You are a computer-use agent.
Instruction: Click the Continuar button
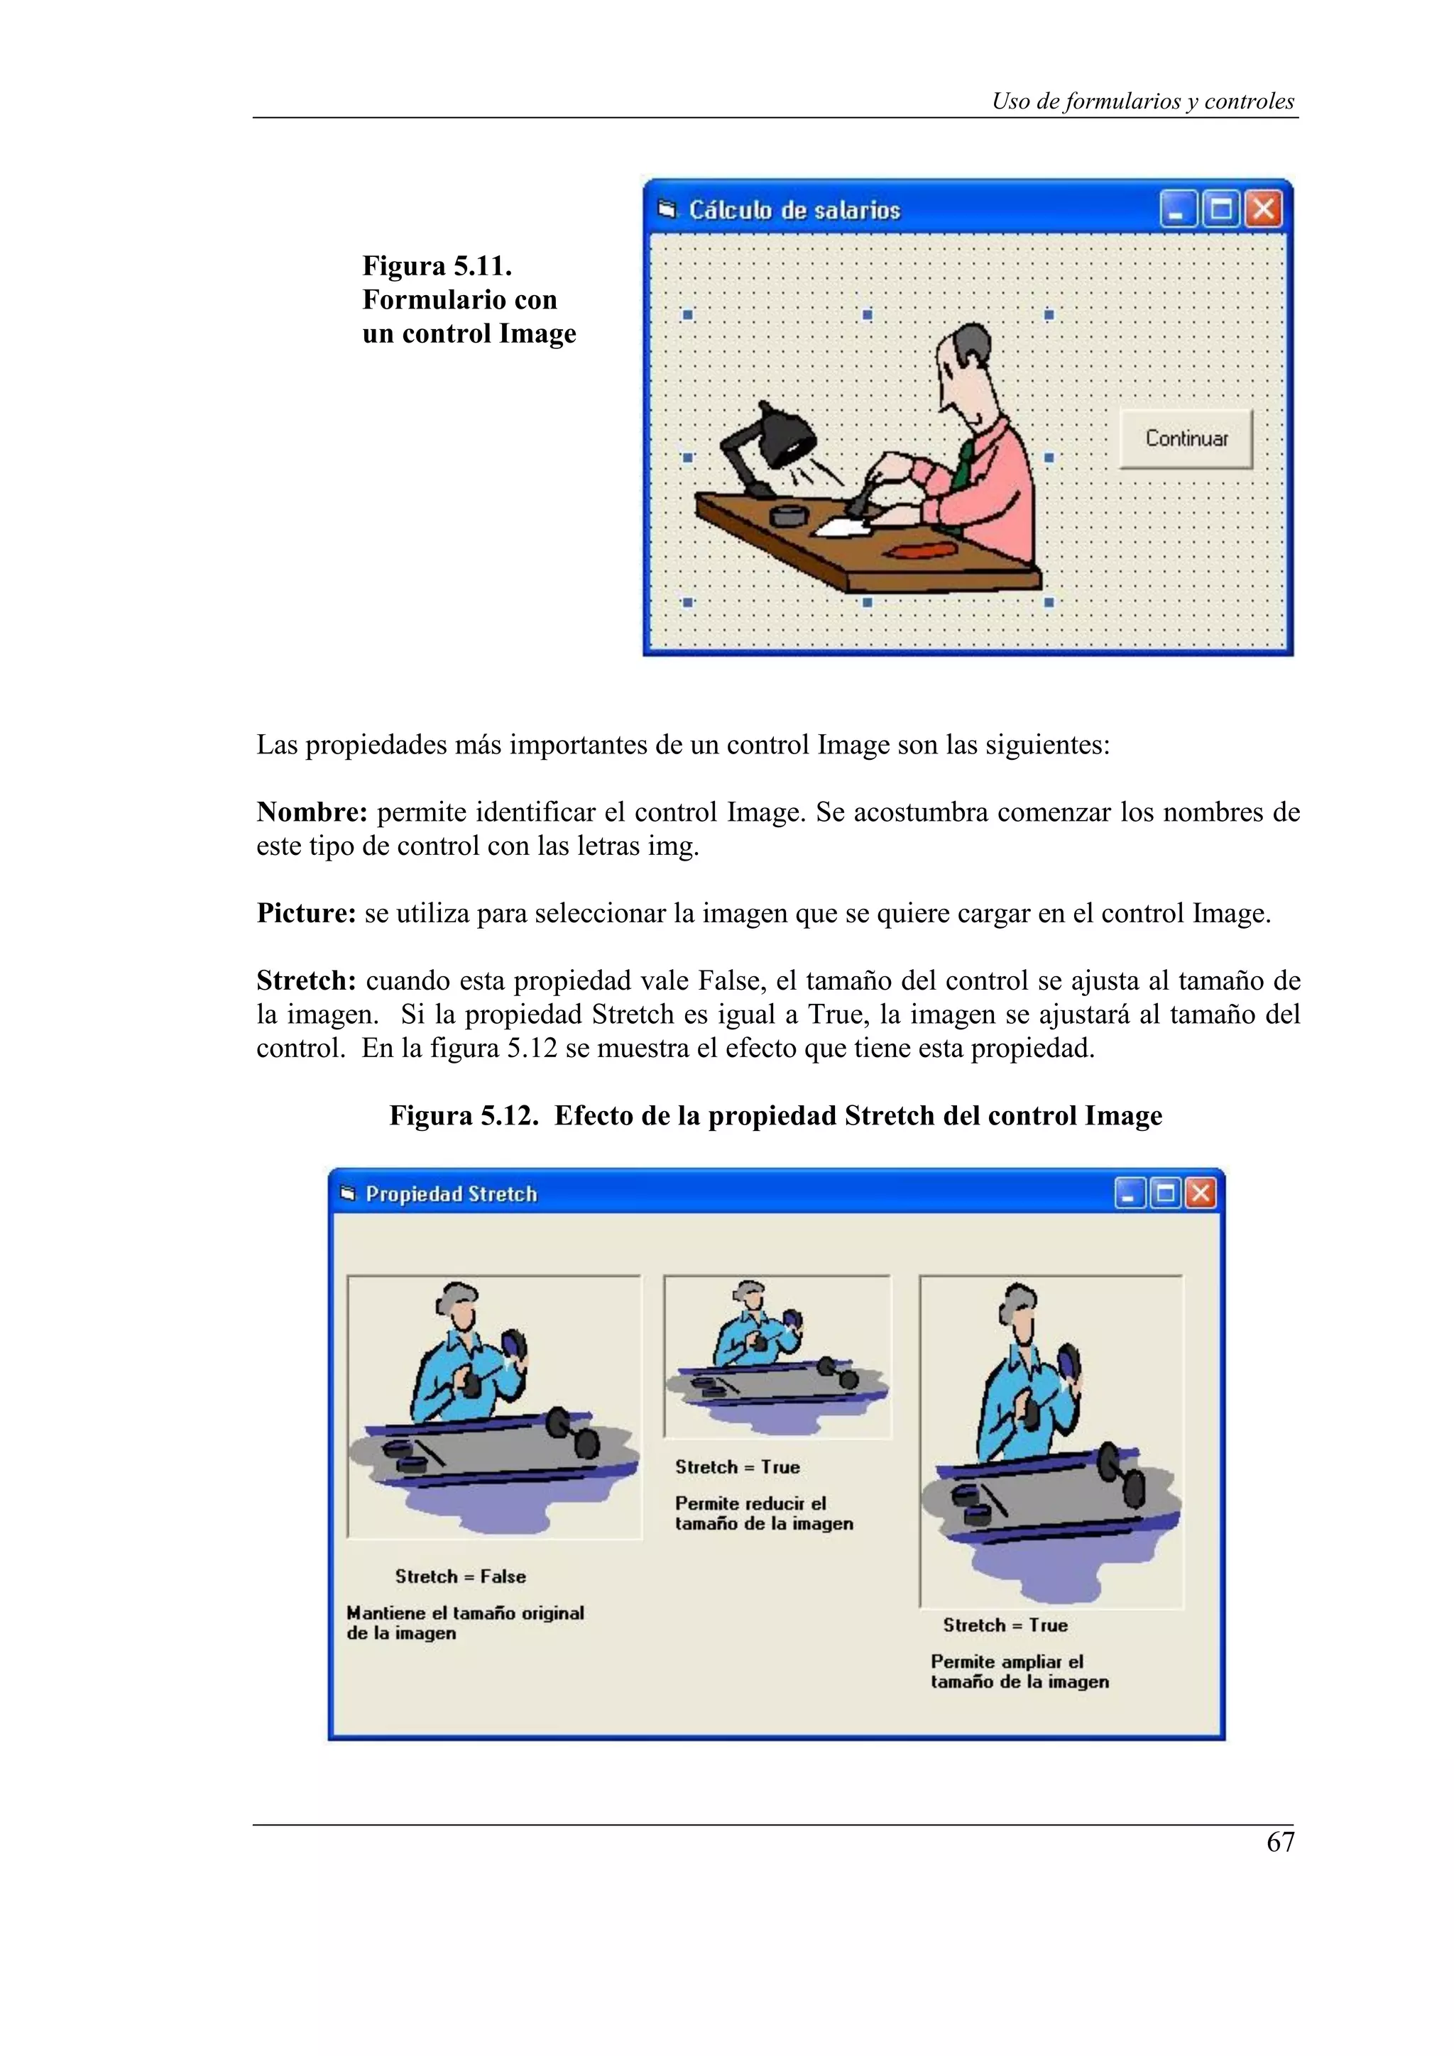pos(1185,438)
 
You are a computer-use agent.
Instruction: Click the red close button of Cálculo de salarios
pos(1263,209)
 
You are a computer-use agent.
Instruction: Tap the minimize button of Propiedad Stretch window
pos(1130,1194)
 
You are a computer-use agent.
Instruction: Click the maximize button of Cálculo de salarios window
pos(1220,209)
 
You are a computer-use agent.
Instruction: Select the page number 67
pos(1280,1842)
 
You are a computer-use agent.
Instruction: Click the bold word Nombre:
pos(312,812)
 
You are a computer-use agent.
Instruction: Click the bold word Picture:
pos(307,913)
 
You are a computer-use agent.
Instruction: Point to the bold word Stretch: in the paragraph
pos(307,980)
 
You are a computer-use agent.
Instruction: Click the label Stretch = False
pos(461,1576)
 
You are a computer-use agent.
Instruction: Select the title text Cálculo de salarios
pos(794,211)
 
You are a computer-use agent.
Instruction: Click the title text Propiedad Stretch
pos(451,1195)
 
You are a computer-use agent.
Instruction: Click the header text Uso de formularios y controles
pos(1142,101)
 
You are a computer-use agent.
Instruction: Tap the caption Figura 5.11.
pos(437,266)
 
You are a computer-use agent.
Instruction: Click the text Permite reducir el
pos(750,1503)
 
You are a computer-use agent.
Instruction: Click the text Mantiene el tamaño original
pos(465,1613)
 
